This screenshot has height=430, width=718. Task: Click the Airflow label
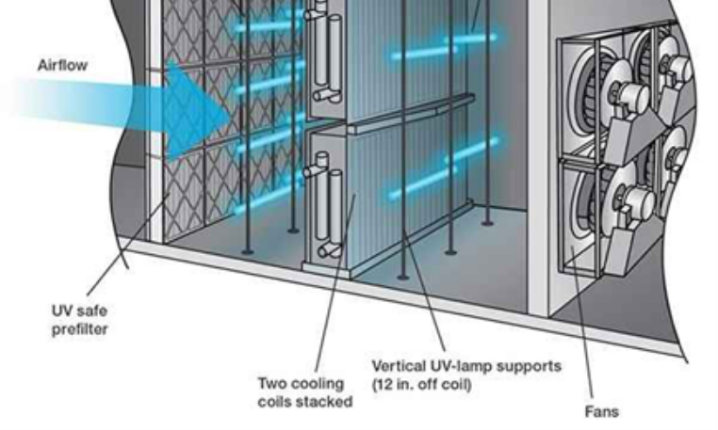pyautogui.click(x=62, y=65)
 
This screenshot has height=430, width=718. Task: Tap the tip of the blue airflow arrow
pyautogui.click(x=230, y=116)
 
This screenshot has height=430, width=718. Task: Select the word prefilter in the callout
pyautogui.click(x=80, y=329)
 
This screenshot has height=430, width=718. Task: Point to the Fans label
pyautogui.click(x=602, y=411)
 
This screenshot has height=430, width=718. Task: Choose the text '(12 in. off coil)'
pyautogui.click(x=422, y=384)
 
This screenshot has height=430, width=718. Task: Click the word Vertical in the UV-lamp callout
pyautogui.click(x=399, y=366)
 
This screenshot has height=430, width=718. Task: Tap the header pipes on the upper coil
pyautogui.click(x=326, y=51)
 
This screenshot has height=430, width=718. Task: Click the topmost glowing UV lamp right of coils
pyautogui.click(x=472, y=39)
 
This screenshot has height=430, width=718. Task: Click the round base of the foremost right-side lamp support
pyautogui.click(x=402, y=277)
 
